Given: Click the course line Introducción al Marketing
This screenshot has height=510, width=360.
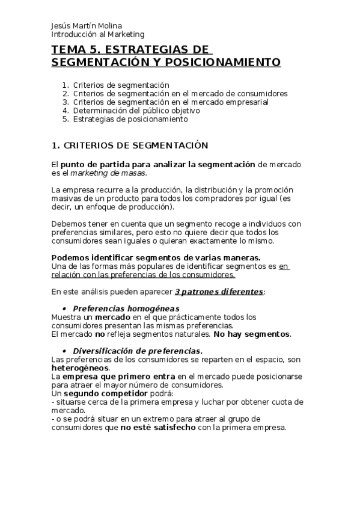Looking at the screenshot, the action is click(x=98, y=35).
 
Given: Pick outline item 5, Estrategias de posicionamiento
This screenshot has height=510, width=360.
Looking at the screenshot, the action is click(x=130, y=119).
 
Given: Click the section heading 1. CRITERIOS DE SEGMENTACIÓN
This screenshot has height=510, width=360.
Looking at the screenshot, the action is click(x=130, y=146).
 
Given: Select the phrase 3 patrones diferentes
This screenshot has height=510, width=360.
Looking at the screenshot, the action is click(x=219, y=292).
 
